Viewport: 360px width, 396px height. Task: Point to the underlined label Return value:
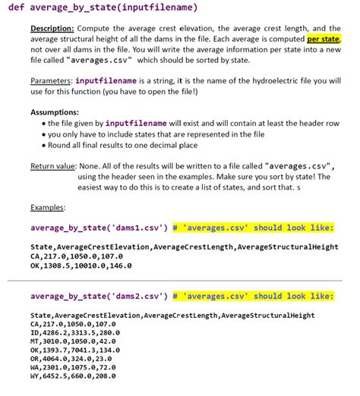point(52,164)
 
